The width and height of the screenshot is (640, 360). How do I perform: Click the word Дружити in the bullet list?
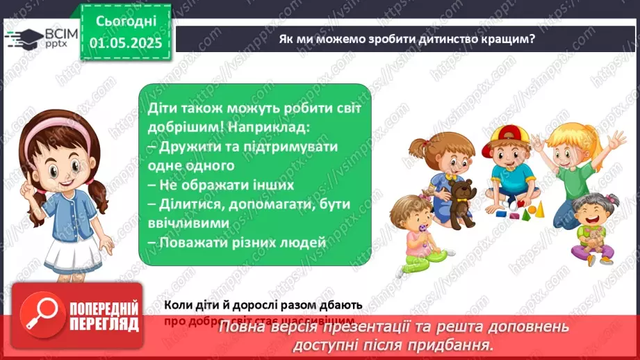click(187, 148)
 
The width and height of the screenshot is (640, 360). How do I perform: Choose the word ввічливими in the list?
click(188, 223)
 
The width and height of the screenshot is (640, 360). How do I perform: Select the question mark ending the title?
click(532, 39)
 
